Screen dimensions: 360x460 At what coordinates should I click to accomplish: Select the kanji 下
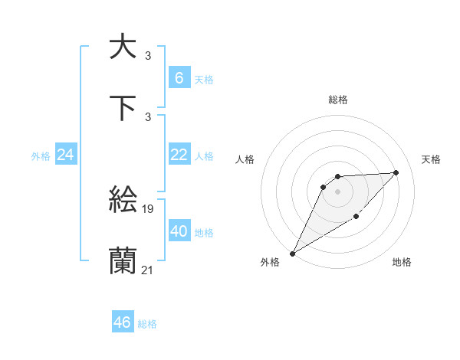point(123,108)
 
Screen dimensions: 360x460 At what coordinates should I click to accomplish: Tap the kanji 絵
point(123,201)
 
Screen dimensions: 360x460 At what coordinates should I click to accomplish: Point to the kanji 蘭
point(123,261)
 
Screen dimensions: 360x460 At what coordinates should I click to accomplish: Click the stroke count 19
point(148,208)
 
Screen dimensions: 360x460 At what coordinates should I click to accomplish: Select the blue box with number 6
point(179,77)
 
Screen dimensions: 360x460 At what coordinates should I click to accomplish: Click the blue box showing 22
point(179,155)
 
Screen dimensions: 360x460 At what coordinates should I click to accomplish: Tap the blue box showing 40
point(179,231)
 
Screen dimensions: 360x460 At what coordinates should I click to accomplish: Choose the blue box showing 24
point(66,155)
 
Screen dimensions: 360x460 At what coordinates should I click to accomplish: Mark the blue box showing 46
point(123,322)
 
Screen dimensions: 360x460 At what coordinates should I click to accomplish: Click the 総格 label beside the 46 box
point(147,324)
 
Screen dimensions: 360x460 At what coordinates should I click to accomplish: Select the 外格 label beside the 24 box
point(41,156)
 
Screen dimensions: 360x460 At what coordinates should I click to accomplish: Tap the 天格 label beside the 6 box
point(203,79)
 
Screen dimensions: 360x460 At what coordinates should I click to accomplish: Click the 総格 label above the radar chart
point(338,100)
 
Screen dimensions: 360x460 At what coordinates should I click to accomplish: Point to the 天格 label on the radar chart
point(432,159)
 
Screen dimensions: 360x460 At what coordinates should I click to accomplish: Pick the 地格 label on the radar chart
point(402,262)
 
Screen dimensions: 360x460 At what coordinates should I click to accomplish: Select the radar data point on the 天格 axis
point(396,172)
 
